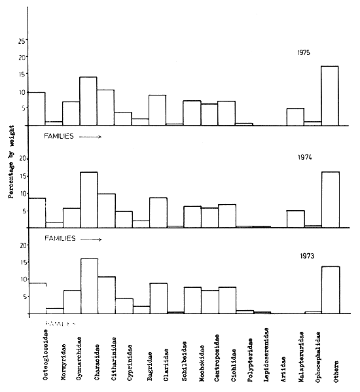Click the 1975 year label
pyautogui.click(x=302, y=52)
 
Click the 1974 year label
pyautogui.click(x=302, y=158)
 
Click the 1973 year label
pyautogui.click(x=302, y=258)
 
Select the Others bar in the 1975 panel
pyautogui.click(x=329, y=96)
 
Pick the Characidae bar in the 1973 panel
pyautogui.click(x=106, y=295)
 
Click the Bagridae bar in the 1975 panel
pyautogui.click(x=157, y=110)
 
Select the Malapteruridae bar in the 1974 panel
pyautogui.click(x=295, y=219)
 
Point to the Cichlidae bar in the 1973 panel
pyautogui.click(x=226, y=300)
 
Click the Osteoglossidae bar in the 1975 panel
pyautogui.click(x=37, y=109)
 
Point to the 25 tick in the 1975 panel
pyautogui.click(x=22, y=41)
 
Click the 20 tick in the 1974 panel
pyautogui.click(x=22, y=158)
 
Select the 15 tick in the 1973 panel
pyautogui.click(x=22, y=262)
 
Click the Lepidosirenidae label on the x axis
pyautogui.click(x=261, y=357)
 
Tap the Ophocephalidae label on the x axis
pyautogui.click(x=314, y=357)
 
